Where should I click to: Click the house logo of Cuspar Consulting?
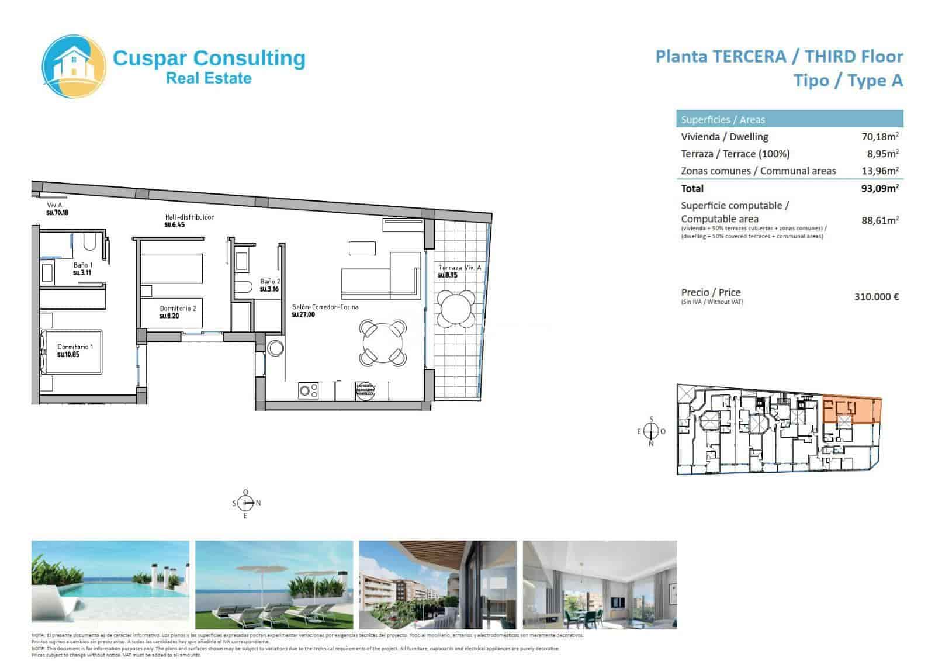point(74,65)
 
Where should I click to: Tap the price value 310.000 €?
point(876,296)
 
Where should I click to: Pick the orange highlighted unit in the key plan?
point(850,410)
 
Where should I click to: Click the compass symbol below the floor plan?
point(246,503)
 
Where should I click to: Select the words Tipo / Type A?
point(847,81)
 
